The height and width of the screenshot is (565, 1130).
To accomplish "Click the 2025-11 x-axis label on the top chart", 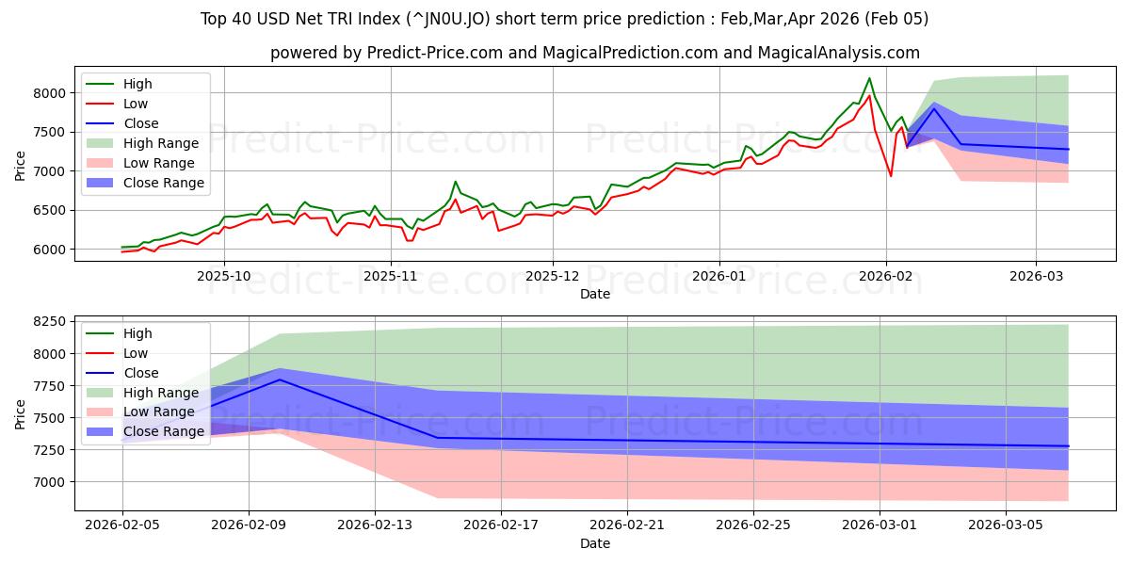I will (x=389, y=276).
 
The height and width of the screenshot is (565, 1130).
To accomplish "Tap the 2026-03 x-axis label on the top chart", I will (x=1035, y=276).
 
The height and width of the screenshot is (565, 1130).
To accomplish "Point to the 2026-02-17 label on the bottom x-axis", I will (x=500, y=525).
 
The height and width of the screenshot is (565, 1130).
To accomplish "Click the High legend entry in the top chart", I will (x=137, y=84).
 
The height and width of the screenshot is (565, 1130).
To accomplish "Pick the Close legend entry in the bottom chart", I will (x=140, y=373).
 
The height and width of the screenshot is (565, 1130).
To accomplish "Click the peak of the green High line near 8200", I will (x=869, y=78).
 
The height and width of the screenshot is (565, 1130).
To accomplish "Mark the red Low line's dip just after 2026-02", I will (x=891, y=176).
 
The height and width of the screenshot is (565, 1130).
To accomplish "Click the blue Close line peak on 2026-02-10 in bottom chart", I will (x=280, y=379).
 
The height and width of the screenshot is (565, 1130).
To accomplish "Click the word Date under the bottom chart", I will (x=594, y=543).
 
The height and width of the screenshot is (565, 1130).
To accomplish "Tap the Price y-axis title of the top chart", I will (x=21, y=165).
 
